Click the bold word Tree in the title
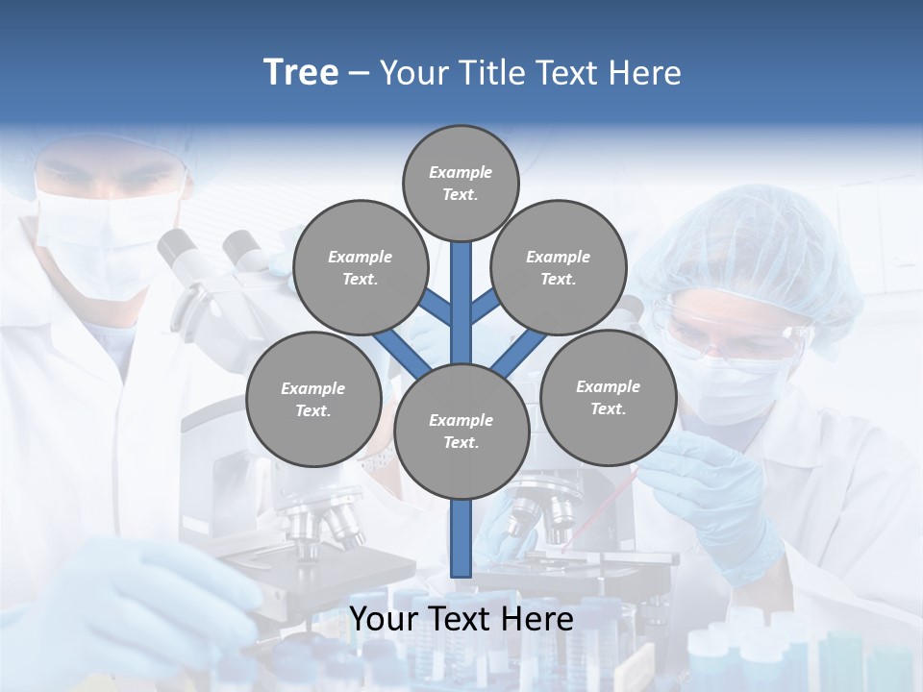[x=301, y=73]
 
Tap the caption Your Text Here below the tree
[x=461, y=619]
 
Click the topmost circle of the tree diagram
[x=461, y=183]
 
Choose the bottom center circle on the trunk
[x=461, y=432]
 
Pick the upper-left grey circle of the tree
[x=360, y=267]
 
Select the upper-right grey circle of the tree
[x=559, y=267]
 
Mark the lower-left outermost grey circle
[x=313, y=399]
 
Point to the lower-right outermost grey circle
[x=608, y=397]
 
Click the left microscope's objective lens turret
[x=322, y=524]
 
